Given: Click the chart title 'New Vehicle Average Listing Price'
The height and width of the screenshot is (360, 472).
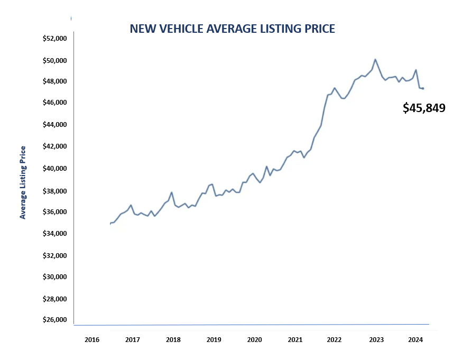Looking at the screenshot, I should tap(232, 29).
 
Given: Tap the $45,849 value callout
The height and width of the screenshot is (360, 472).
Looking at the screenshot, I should tap(424, 108).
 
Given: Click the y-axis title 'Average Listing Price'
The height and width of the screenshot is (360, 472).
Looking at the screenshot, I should tap(23, 182).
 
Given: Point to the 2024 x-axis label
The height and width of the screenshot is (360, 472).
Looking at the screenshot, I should tap(415, 339).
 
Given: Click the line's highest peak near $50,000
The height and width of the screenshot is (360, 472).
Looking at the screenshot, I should tap(375, 59).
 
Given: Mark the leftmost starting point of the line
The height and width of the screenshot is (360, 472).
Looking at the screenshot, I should tap(110, 224).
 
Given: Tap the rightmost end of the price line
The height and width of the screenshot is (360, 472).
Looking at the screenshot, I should tap(423, 88).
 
